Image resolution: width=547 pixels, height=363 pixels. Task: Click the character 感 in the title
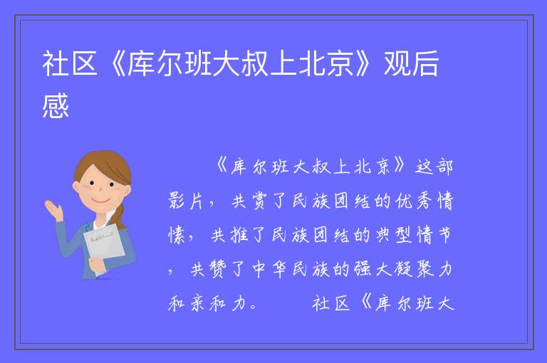click(x=56, y=105)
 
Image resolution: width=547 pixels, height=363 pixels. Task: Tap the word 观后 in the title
click(x=411, y=63)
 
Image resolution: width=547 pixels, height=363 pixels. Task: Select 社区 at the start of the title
click(x=69, y=63)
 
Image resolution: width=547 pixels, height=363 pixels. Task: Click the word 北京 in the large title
click(x=325, y=63)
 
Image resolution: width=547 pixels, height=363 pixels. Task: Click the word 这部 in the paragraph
click(x=434, y=167)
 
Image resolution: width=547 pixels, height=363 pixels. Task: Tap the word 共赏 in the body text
click(x=249, y=201)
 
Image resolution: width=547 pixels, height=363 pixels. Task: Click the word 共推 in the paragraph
click(x=229, y=235)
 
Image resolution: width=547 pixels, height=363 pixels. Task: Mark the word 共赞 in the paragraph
click(x=208, y=269)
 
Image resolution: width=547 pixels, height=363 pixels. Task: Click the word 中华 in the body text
click(x=269, y=269)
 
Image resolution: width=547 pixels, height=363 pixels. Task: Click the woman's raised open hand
click(x=53, y=209)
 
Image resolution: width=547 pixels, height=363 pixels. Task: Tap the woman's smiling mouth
click(x=99, y=201)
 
